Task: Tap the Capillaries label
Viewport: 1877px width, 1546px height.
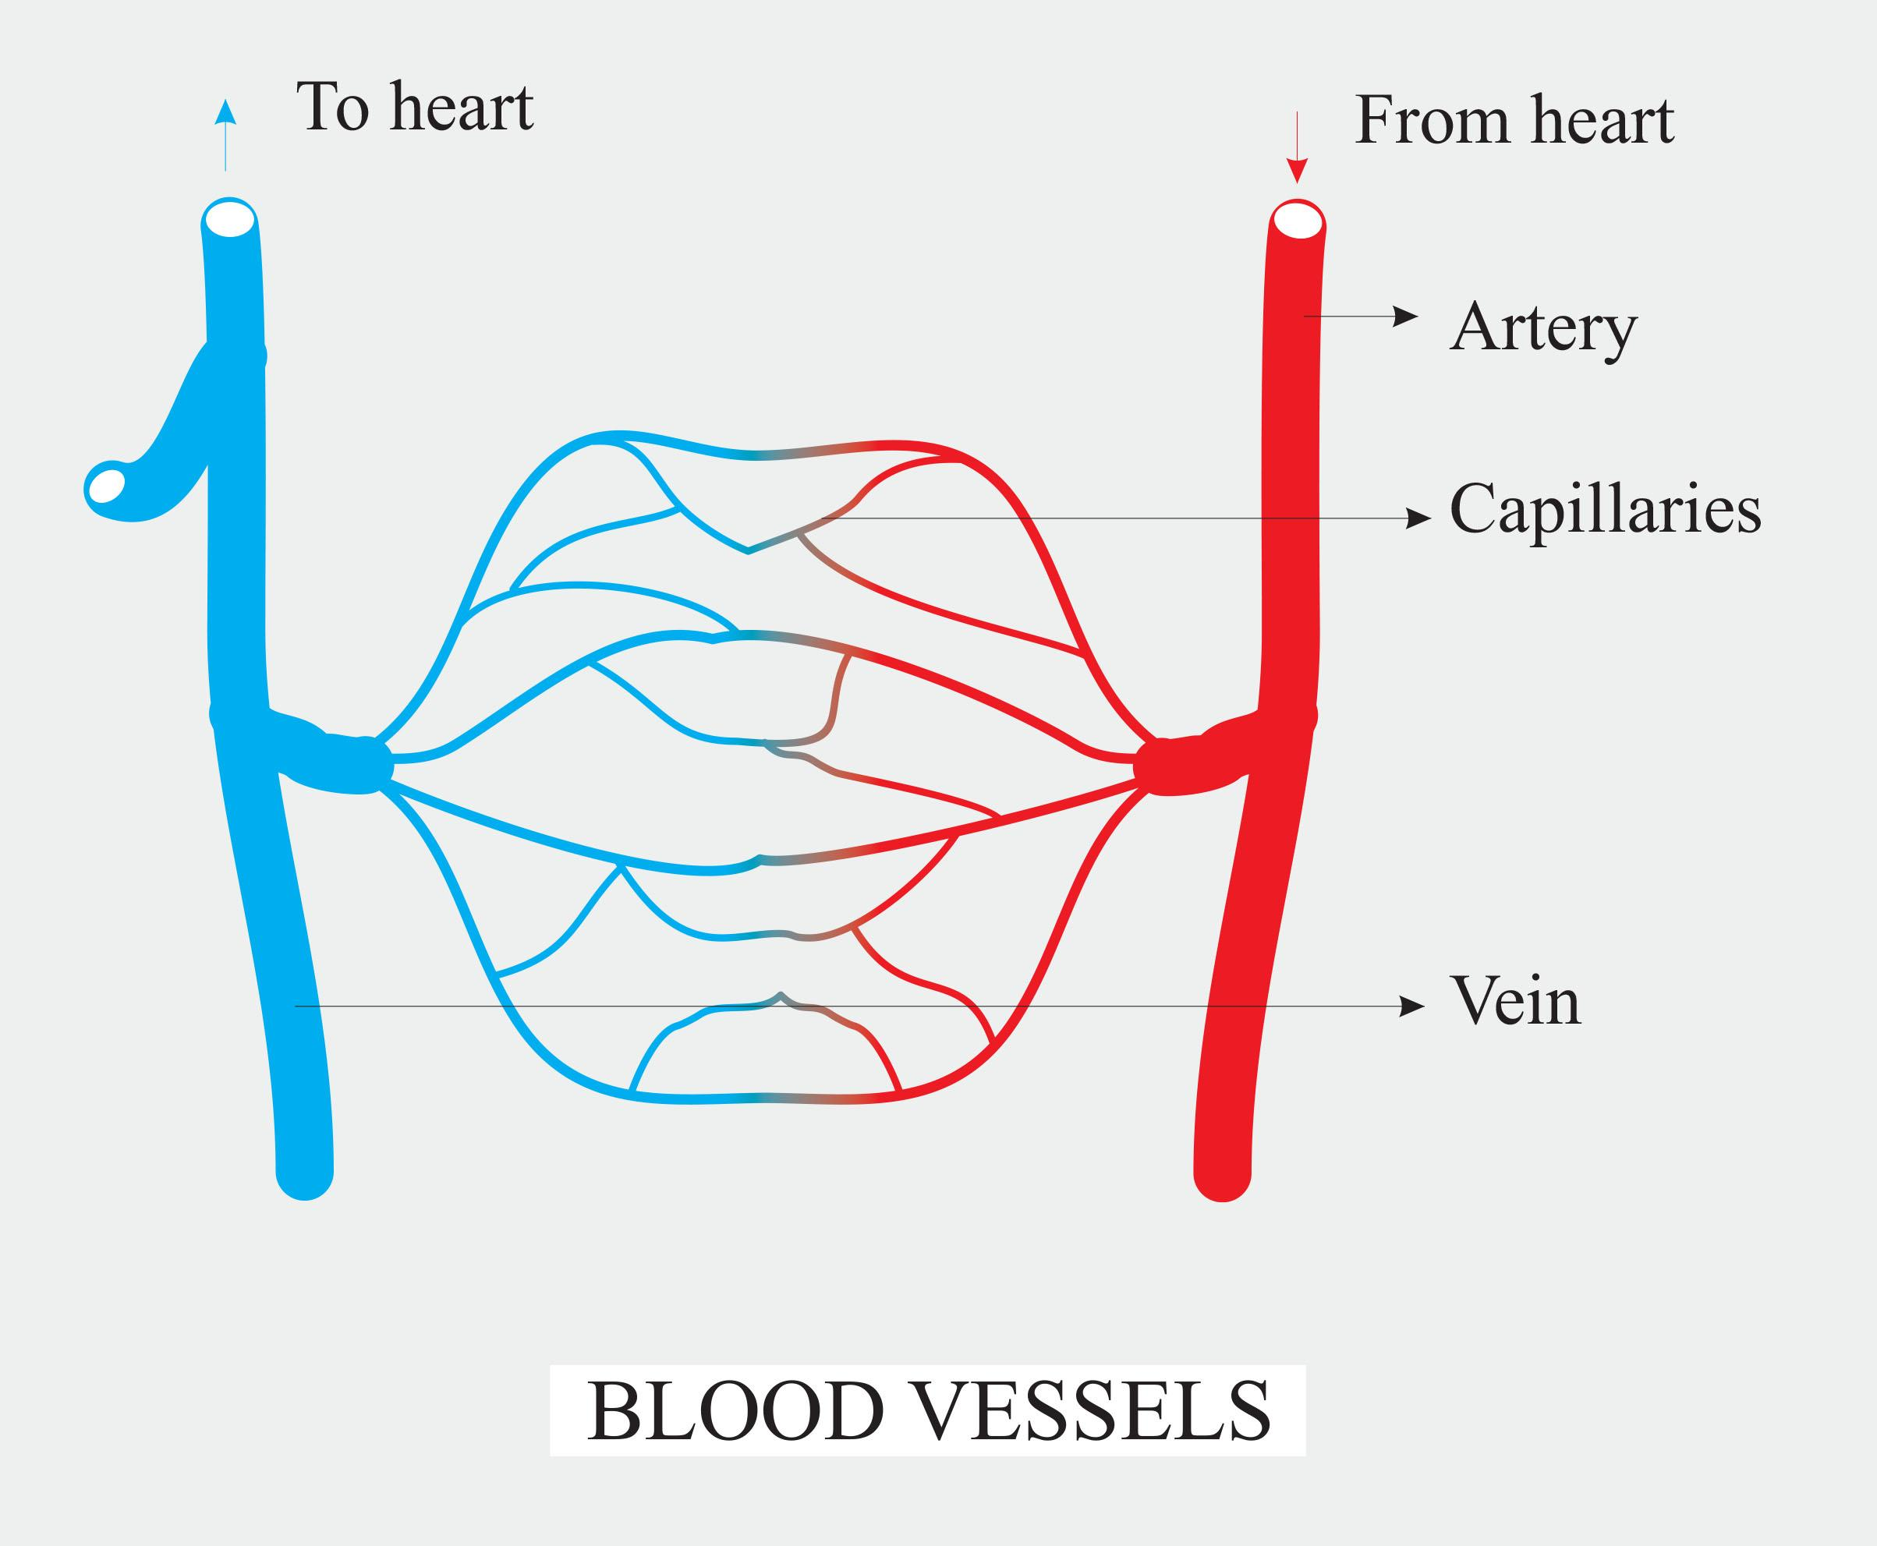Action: coord(1606,511)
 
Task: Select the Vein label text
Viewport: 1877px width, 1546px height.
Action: coord(1516,1002)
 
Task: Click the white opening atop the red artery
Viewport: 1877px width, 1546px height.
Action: coord(1298,220)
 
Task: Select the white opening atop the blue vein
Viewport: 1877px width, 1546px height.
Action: coord(230,219)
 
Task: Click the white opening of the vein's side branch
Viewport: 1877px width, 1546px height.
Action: coord(108,486)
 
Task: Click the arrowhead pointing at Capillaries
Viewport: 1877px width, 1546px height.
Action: coord(1418,518)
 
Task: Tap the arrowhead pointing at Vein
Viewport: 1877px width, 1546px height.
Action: coord(1412,1006)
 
